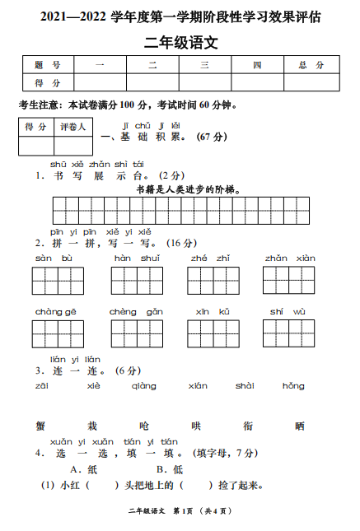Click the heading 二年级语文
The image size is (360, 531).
(180, 40)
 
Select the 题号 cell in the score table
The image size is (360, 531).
(48, 65)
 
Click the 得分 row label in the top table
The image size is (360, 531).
(48, 82)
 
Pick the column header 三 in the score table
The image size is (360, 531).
(204, 65)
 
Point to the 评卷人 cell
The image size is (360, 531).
(72, 127)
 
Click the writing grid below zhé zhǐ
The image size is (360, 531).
(213, 281)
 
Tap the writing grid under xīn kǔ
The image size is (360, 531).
(213, 334)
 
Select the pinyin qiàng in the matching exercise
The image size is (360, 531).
(143, 385)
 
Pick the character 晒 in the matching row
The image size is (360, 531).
(299, 426)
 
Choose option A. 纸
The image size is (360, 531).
(86, 469)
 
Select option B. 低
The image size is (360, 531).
(170, 469)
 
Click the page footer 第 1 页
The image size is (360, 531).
(188, 513)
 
